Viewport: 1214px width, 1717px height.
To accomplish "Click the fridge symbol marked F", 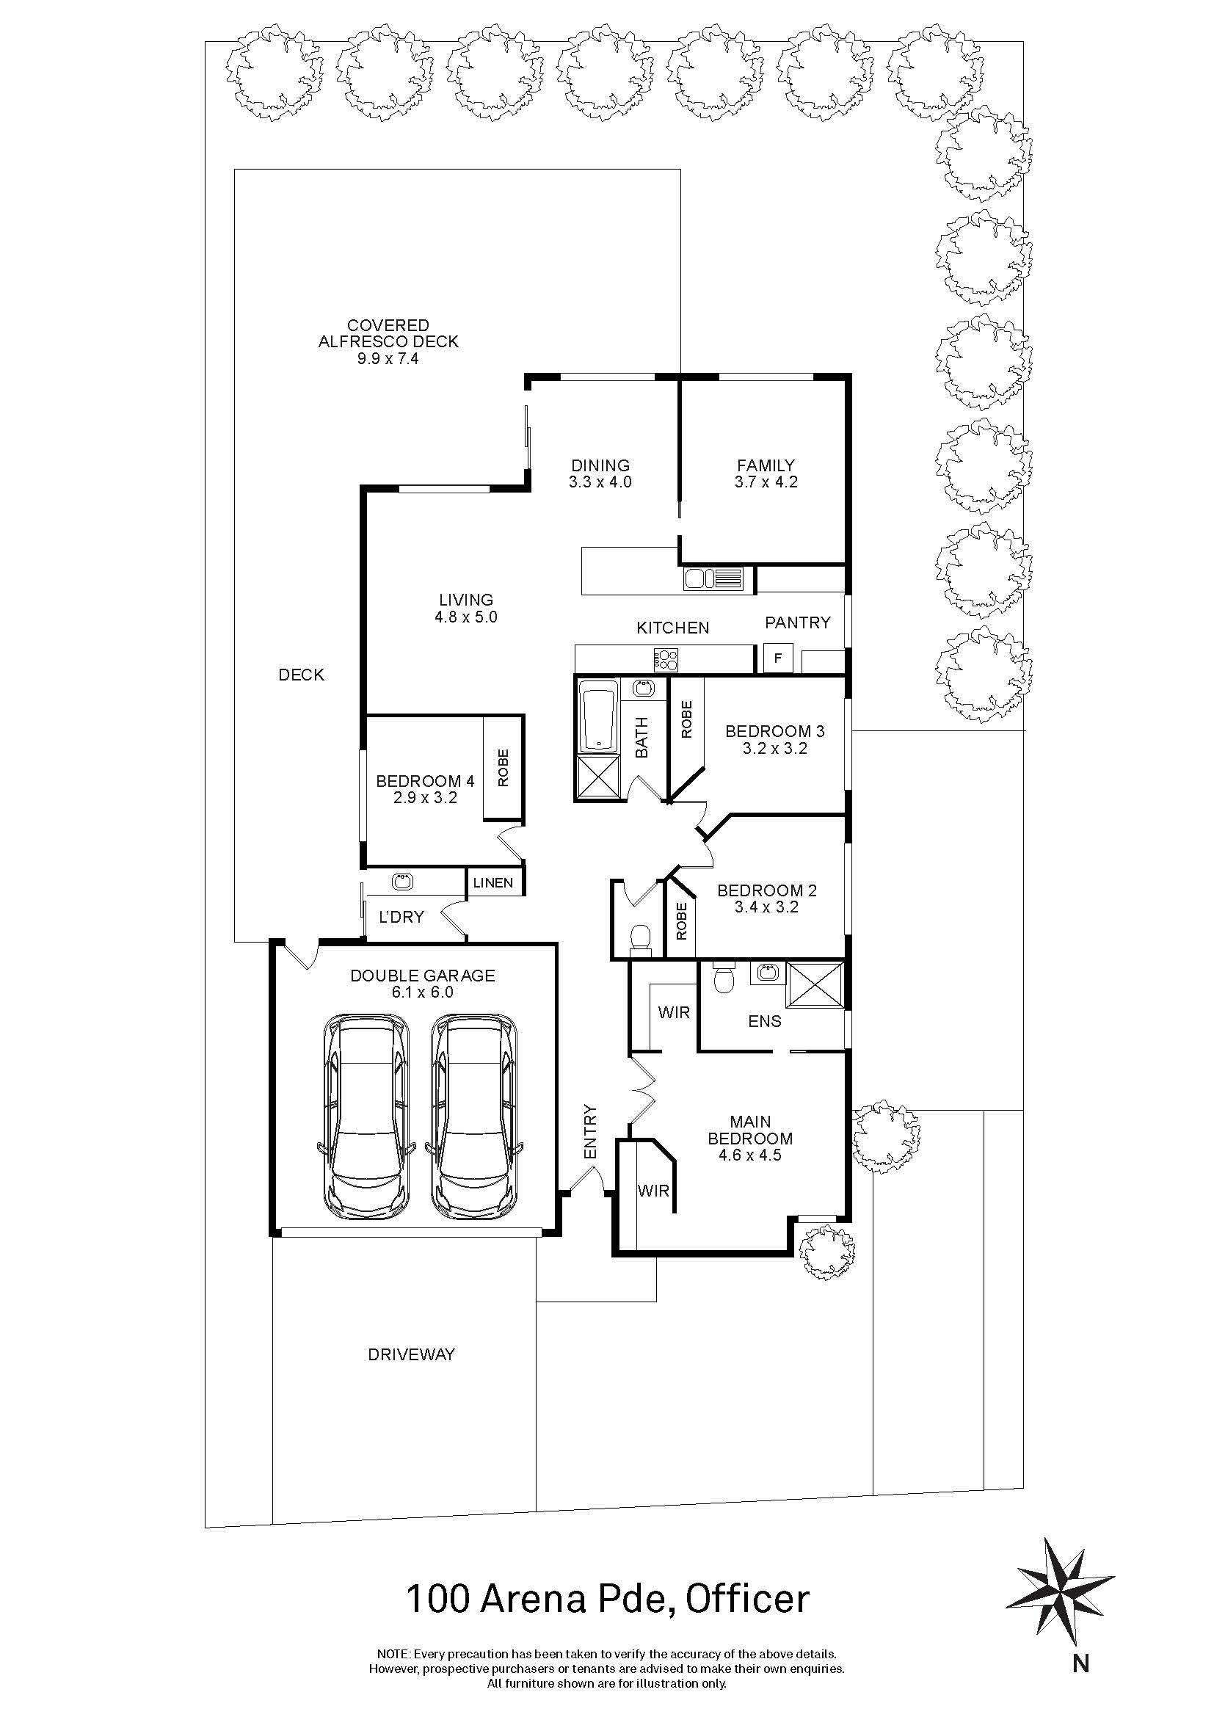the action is pyautogui.click(x=778, y=658).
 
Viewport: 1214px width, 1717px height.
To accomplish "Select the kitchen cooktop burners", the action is pyautogui.click(x=666, y=658).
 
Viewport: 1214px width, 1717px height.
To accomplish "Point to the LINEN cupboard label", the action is pyautogui.click(x=493, y=882).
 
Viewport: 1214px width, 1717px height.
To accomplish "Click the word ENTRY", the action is pyautogui.click(x=591, y=1132).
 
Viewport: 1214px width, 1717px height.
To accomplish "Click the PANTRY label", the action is pyautogui.click(x=798, y=622).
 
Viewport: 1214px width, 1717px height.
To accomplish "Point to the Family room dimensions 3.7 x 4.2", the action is pyautogui.click(x=766, y=482).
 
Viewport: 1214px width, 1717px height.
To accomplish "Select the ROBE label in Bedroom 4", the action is pyautogui.click(x=503, y=767).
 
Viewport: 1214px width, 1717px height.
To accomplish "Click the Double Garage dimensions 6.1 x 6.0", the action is pyautogui.click(x=422, y=992).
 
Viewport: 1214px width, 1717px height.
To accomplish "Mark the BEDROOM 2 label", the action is pyautogui.click(x=767, y=890).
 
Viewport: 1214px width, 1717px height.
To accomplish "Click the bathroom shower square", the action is pyautogui.click(x=597, y=777).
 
